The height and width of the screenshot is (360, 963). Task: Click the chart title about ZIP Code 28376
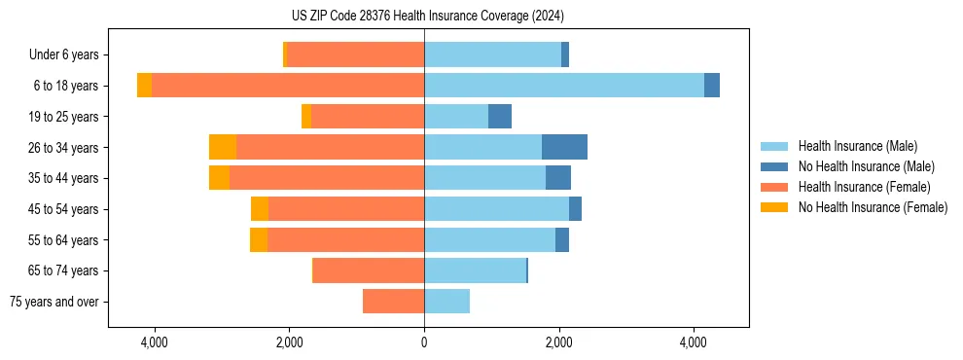(x=427, y=16)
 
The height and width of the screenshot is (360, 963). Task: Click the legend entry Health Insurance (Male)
(x=857, y=146)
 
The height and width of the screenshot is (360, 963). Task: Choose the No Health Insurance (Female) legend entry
(x=873, y=207)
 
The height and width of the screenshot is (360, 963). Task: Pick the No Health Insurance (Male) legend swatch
(x=775, y=166)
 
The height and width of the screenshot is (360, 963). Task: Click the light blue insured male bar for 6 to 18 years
(x=564, y=86)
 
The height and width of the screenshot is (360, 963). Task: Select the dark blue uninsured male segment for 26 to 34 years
(x=564, y=147)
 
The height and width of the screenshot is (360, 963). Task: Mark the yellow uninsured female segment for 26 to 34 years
(x=223, y=147)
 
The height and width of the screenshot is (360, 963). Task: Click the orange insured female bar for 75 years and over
(x=393, y=302)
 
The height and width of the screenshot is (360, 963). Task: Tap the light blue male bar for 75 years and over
(x=446, y=302)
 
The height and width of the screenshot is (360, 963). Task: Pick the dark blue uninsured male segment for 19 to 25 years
(x=500, y=117)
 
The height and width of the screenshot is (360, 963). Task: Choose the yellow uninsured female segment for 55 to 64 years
(x=259, y=240)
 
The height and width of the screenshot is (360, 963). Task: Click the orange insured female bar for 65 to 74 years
(x=369, y=270)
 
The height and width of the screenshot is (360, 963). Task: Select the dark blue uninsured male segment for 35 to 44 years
(x=558, y=178)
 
